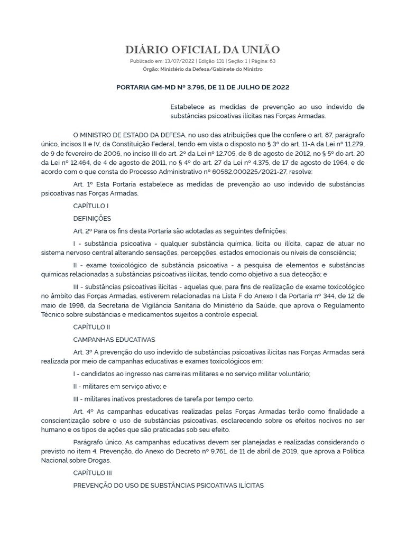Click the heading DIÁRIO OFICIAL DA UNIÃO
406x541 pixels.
[202, 50]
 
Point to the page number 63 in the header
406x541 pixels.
[272, 61]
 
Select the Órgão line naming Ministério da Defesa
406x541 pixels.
[202, 69]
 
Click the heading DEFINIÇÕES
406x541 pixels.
[92, 218]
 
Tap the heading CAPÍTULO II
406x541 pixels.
[91, 327]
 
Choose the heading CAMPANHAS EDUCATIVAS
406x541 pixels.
[114, 339]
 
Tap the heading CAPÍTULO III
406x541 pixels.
[93, 472]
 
